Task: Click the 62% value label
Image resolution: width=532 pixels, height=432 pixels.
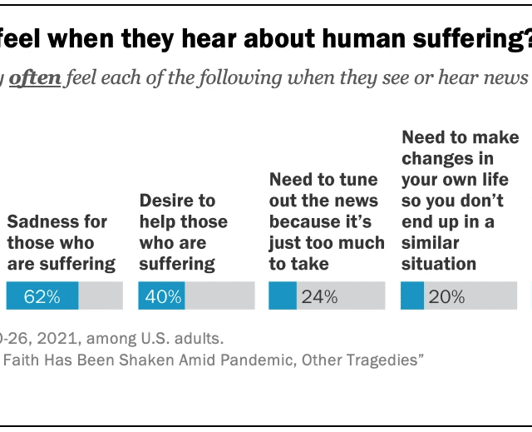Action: [x=42, y=296]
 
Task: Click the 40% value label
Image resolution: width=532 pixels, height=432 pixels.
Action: [x=163, y=296]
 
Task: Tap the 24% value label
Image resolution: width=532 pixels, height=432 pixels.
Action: [x=319, y=296]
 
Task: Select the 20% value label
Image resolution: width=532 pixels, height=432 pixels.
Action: [x=446, y=296]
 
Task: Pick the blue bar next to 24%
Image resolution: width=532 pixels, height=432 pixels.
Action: [x=283, y=296]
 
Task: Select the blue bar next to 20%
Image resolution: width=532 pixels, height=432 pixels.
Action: [x=412, y=296]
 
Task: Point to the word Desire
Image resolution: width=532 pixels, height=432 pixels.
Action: [x=166, y=201]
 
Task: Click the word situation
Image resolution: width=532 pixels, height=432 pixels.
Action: [x=439, y=264]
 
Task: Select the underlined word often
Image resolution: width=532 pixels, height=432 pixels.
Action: [x=36, y=79]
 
